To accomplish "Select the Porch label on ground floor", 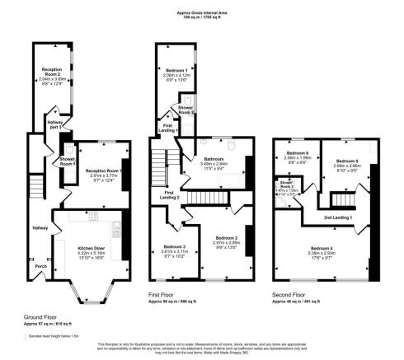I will [x=40, y=265].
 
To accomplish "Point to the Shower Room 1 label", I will [x=68, y=162].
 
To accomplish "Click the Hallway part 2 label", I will [x=55, y=124].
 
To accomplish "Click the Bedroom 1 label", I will [x=174, y=70].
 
